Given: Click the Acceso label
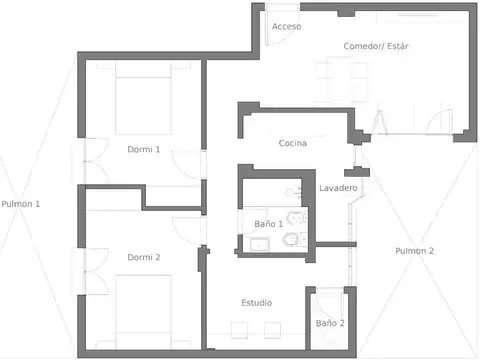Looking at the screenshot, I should coord(286,26).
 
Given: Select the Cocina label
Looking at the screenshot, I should coord(292,144).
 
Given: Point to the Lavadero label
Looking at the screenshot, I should coord(338,188).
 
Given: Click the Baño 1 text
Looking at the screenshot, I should coord(268,224).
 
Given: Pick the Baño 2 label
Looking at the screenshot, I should coord(330,323).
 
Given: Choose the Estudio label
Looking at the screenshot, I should coord(256,302).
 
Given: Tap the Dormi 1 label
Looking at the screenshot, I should coord(144,149).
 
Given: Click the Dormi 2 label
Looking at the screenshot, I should coord(144,257).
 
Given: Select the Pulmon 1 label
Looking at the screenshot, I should coord(21,204).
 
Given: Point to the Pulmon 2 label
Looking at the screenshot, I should coord(414,250).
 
